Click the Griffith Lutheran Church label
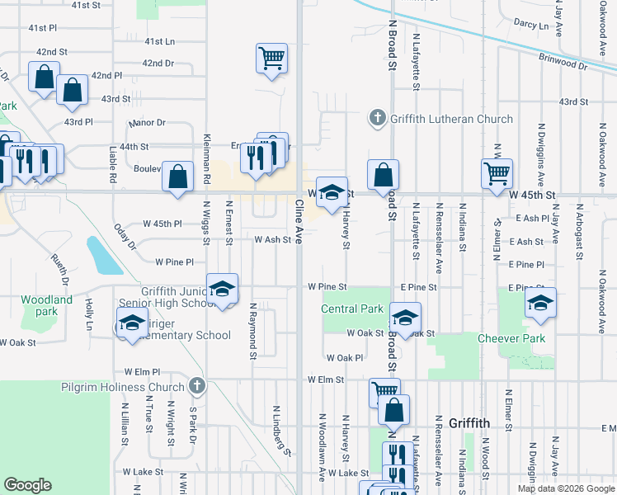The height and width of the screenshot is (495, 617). pyautogui.click(x=452, y=119)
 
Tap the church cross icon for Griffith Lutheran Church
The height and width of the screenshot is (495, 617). pyautogui.click(x=378, y=118)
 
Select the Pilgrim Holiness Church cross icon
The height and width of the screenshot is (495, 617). pyautogui.click(x=196, y=386)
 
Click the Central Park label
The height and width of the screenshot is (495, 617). pyautogui.click(x=353, y=309)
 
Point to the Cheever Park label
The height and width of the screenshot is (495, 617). pyautogui.click(x=511, y=338)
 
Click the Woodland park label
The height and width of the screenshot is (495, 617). pyautogui.click(x=46, y=305)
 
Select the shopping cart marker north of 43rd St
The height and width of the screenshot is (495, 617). pyautogui.click(x=271, y=59)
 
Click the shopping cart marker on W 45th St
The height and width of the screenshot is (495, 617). pyautogui.click(x=497, y=174)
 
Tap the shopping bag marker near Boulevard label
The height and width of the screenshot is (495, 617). pyautogui.click(x=177, y=176)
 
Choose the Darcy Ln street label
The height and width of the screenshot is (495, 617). pyautogui.click(x=530, y=26)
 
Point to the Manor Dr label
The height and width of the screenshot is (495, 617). pyautogui.click(x=148, y=123)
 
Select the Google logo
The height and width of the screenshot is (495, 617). pyautogui.click(x=27, y=484)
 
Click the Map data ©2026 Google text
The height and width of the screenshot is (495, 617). pyautogui.click(x=566, y=488)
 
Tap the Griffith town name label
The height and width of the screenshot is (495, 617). pyautogui.click(x=469, y=423)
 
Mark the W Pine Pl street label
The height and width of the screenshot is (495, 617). pyautogui.click(x=174, y=262)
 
